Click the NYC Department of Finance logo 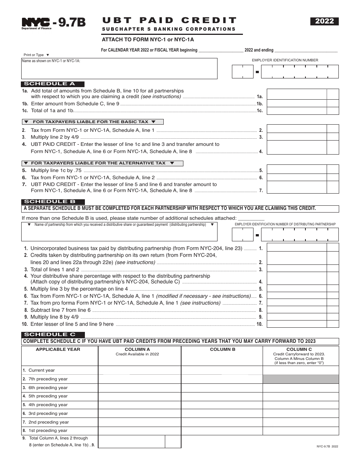click(36, 23)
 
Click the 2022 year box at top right click(325, 22)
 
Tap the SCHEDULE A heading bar click(53, 84)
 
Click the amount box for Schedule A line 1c click(297, 111)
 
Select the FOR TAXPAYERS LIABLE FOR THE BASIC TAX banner click(92, 122)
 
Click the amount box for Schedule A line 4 click(297, 147)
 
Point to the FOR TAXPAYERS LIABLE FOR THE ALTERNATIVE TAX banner click(102, 163)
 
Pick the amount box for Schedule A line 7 click(297, 188)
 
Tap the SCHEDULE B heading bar click(53, 202)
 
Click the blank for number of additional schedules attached click(251, 218)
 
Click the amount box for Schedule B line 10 click(297, 324)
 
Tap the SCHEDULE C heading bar click(53, 335)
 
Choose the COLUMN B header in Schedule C click(222, 349)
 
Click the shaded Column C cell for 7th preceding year click(301, 379)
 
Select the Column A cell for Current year click(139, 370)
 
